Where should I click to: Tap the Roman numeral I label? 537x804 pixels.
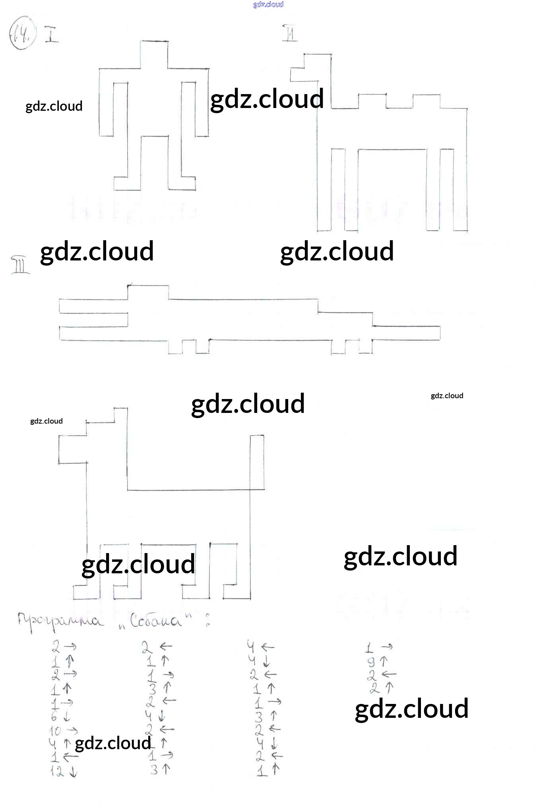click(52, 34)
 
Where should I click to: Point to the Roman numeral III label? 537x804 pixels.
click(20, 265)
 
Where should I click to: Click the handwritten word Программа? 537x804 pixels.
click(60, 621)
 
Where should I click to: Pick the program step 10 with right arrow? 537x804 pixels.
click(63, 731)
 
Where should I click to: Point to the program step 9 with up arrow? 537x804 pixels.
click(377, 661)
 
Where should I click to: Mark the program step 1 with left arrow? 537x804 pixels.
click(64, 757)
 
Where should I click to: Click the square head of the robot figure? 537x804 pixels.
click(154, 54)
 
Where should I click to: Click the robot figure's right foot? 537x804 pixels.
click(182, 183)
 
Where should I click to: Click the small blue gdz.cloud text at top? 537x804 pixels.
click(268, 4)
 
